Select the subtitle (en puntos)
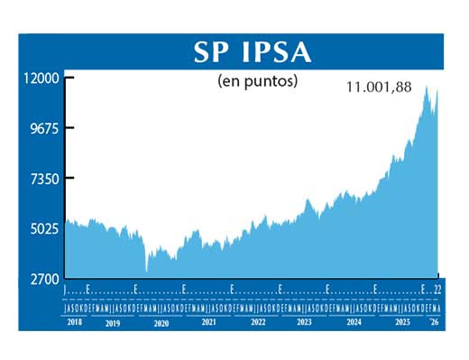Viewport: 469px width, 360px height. [x=258, y=81]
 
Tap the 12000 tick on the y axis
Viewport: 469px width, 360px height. [x=40, y=78]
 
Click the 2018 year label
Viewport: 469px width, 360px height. [x=75, y=322]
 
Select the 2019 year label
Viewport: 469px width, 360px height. [x=113, y=322]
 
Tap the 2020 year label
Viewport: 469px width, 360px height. [x=161, y=322]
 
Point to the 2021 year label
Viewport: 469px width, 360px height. [x=209, y=322]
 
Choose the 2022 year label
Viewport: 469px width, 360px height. [x=258, y=322]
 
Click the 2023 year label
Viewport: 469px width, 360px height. [x=305, y=322]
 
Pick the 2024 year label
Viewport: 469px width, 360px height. [x=353, y=322]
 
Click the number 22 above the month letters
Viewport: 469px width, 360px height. [x=437, y=290]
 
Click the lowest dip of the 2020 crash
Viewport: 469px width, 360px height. [x=146, y=270]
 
